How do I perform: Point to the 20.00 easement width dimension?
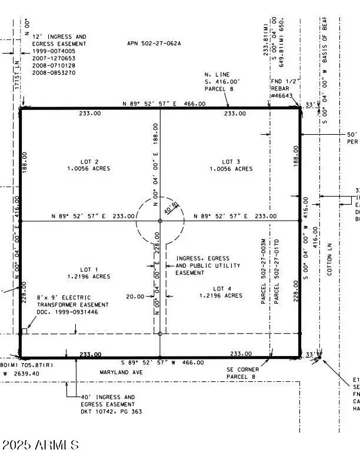point(135,297)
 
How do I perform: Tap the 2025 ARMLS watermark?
point(40,445)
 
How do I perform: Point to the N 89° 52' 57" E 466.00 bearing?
point(164,104)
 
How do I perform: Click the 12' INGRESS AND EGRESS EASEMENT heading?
point(59,40)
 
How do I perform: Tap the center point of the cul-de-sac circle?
point(160,221)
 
